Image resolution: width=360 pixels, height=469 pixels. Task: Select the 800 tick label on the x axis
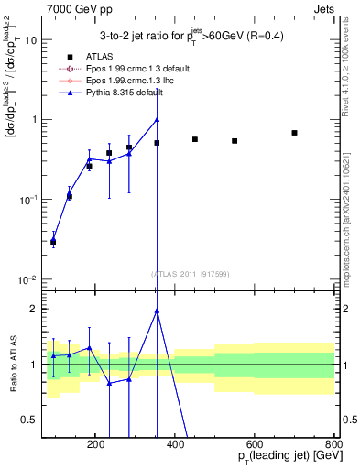tap(333, 443)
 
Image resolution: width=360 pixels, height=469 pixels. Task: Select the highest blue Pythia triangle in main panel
tap(157, 119)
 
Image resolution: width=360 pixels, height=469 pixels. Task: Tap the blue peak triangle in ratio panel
tap(157, 311)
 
